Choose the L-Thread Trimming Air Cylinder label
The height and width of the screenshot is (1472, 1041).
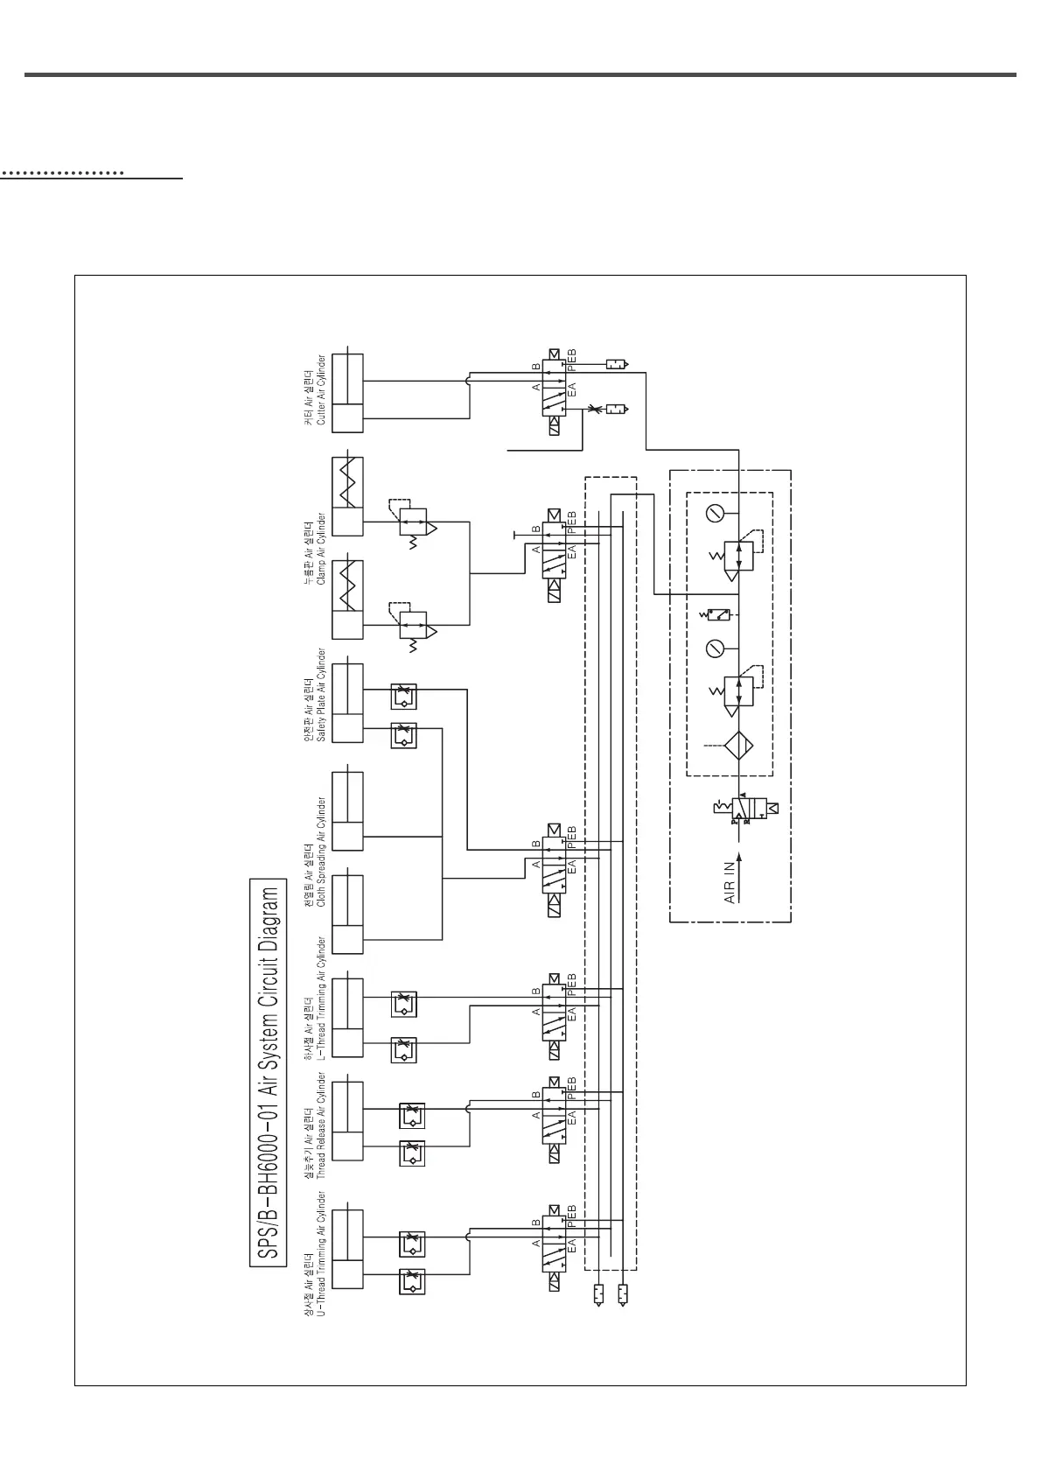[316, 998]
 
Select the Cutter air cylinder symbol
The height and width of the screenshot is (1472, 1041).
[347, 392]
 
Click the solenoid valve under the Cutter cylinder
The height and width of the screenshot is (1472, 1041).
[554, 392]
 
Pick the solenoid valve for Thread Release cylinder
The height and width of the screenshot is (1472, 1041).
[554, 1118]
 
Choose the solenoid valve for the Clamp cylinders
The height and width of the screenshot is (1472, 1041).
[554, 553]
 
